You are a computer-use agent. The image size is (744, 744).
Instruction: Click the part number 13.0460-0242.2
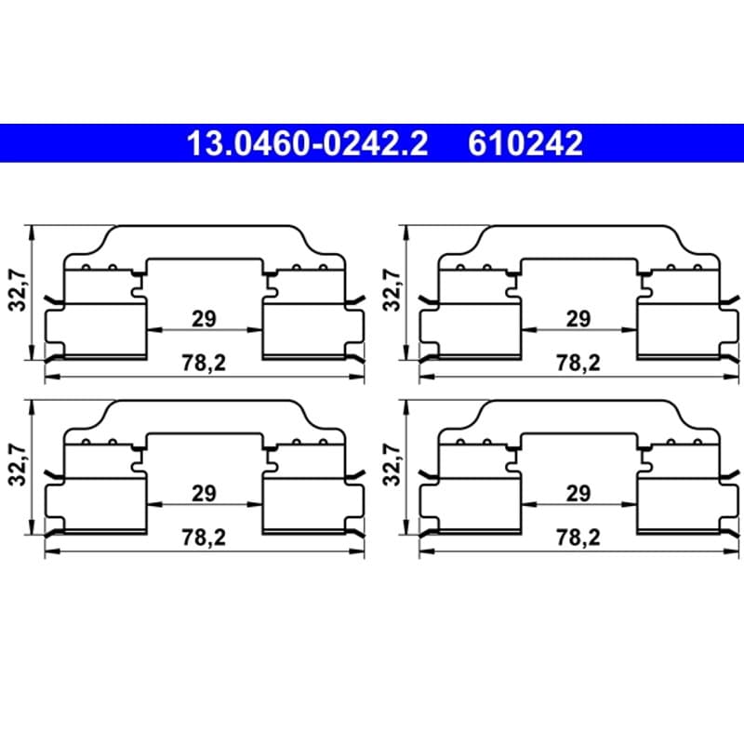click(308, 143)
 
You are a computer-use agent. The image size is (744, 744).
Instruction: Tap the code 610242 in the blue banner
click(525, 143)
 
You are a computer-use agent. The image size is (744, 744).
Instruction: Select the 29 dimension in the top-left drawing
click(204, 319)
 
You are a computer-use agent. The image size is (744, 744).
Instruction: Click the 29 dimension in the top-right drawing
click(578, 319)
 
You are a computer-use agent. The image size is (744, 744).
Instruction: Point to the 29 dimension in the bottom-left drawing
click(204, 494)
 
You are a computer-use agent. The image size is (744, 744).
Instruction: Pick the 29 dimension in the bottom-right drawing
click(578, 494)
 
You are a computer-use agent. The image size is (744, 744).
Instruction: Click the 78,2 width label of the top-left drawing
click(204, 363)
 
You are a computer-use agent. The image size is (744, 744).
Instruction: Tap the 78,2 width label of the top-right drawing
click(578, 363)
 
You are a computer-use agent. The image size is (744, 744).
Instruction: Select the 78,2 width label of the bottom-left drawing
click(204, 538)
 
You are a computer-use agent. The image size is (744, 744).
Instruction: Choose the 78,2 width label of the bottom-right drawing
click(578, 538)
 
